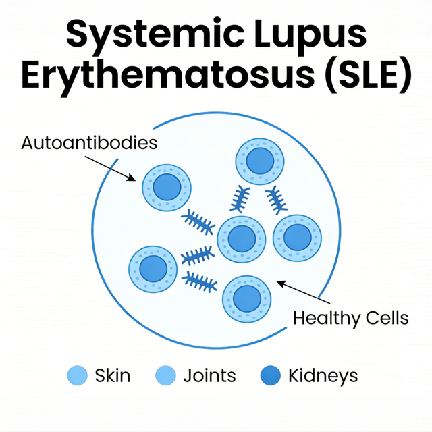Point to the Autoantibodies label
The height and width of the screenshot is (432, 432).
[89, 143]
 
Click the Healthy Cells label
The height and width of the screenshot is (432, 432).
[350, 318]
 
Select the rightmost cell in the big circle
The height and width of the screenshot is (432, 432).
[298, 238]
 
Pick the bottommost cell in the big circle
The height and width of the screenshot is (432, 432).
[246, 298]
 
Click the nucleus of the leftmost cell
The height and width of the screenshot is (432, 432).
[153, 269]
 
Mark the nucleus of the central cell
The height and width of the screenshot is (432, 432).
[241, 239]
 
